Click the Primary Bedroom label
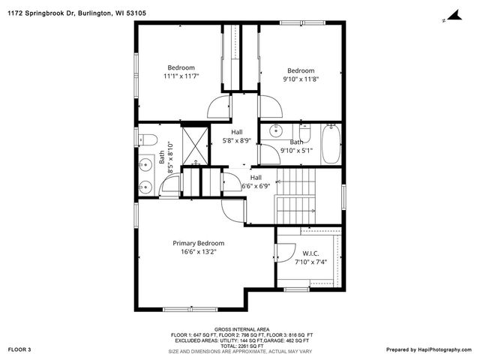click(198, 243)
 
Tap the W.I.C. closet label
click(310, 253)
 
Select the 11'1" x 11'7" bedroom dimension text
click(181, 76)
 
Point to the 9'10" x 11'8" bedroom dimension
click(300, 79)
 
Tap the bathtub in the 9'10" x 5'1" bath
click(331, 144)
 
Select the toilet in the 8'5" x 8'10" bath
click(146, 139)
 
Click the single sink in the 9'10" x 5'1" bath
click(275, 128)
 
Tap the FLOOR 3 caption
click(19, 349)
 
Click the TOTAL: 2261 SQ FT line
click(241, 345)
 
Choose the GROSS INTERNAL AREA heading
click(241, 329)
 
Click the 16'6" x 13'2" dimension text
click(198, 253)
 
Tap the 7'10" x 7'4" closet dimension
click(310, 262)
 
